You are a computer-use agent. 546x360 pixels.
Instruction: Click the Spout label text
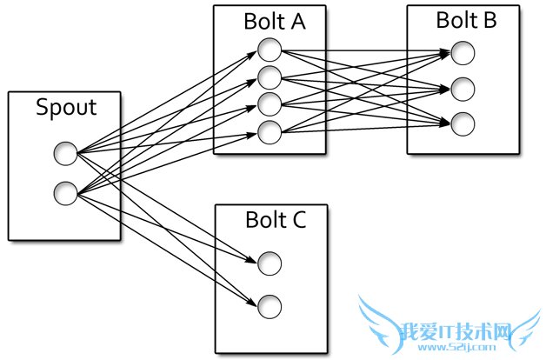(x=65, y=109)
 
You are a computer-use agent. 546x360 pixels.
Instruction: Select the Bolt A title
(x=274, y=23)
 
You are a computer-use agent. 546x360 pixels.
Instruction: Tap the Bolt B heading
(x=467, y=20)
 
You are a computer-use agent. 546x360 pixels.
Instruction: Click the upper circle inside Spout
(x=65, y=155)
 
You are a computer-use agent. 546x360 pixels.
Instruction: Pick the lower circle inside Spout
(x=65, y=192)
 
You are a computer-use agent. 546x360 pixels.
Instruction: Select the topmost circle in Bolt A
(x=270, y=50)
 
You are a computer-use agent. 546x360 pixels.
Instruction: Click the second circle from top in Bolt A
(x=270, y=77)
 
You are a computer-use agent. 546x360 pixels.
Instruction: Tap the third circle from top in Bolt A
(x=270, y=105)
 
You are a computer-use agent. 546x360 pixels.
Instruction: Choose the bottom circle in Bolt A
(x=270, y=133)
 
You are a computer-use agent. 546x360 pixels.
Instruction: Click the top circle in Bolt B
(x=463, y=54)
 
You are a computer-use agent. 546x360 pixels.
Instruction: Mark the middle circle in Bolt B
(x=463, y=89)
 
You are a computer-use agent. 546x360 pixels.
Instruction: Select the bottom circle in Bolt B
(x=463, y=123)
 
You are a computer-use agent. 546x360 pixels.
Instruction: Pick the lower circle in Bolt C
(x=270, y=305)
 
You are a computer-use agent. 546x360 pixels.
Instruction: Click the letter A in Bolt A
(x=296, y=23)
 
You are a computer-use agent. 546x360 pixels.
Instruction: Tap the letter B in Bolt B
(x=489, y=20)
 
